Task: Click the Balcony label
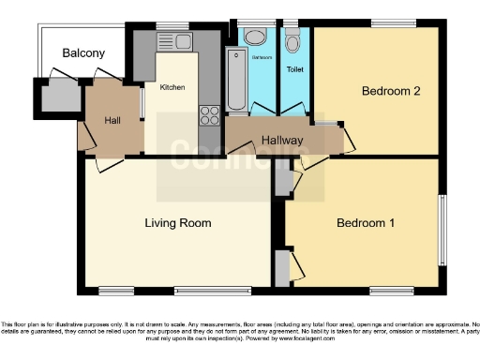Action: click(83, 53)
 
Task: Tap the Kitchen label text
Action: click(172, 87)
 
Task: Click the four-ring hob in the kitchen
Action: click(210, 116)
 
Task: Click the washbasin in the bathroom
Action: click(255, 38)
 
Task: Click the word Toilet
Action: click(294, 69)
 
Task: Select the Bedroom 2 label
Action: click(390, 91)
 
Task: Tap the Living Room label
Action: click(177, 223)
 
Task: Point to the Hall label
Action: click(112, 120)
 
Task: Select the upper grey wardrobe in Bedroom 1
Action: click(282, 181)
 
